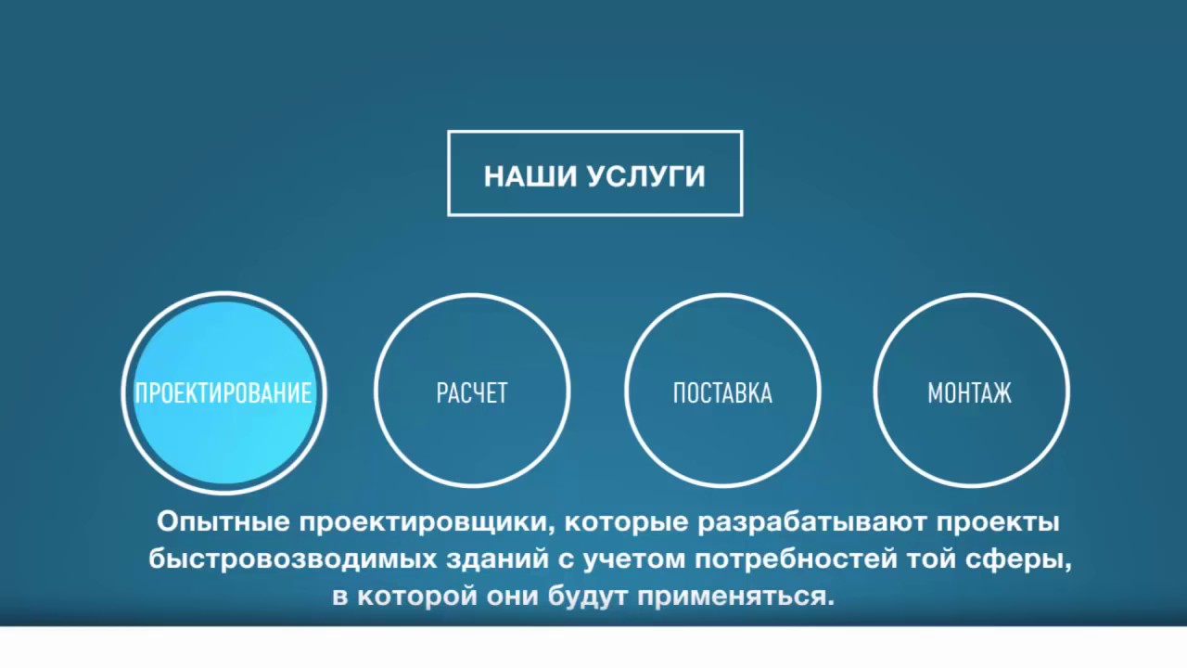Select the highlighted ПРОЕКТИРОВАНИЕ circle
223,392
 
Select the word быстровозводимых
293,560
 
